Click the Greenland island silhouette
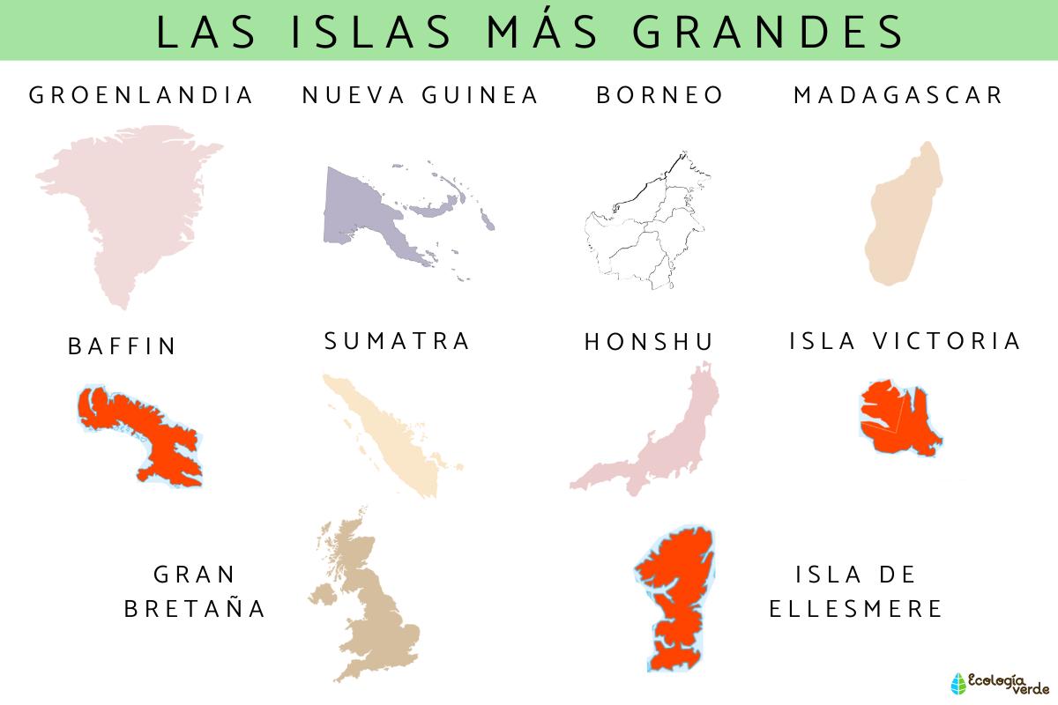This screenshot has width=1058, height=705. (132, 203)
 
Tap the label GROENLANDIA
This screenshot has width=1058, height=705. (141, 95)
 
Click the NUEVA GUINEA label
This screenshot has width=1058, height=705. (420, 95)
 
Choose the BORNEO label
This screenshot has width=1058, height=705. (659, 95)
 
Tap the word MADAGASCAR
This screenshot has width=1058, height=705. (898, 95)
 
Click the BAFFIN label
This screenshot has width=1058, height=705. (123, 346)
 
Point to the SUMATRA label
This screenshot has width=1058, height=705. (398, 341)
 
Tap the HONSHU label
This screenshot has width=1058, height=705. (649, 342)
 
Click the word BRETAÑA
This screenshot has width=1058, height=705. (195, 608)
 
